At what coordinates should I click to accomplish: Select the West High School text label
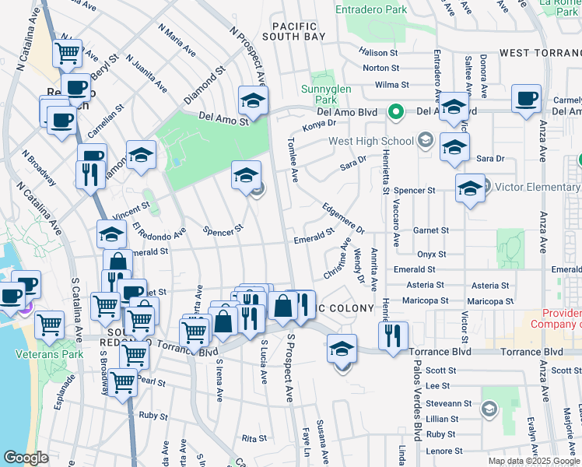point(370,141)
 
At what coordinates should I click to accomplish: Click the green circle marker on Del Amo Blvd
point(395,112)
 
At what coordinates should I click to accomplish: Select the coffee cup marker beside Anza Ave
point(527,100)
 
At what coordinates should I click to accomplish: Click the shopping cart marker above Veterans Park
point(51,324)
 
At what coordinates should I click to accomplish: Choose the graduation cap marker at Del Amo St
point(253,101)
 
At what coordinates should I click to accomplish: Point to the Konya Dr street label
point(320,123)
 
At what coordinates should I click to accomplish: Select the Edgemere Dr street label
point(343,218)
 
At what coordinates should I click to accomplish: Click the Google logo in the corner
point(26,458)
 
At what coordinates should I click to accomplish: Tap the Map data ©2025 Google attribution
point(533,461)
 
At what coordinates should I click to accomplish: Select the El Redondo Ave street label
point(159,233)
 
